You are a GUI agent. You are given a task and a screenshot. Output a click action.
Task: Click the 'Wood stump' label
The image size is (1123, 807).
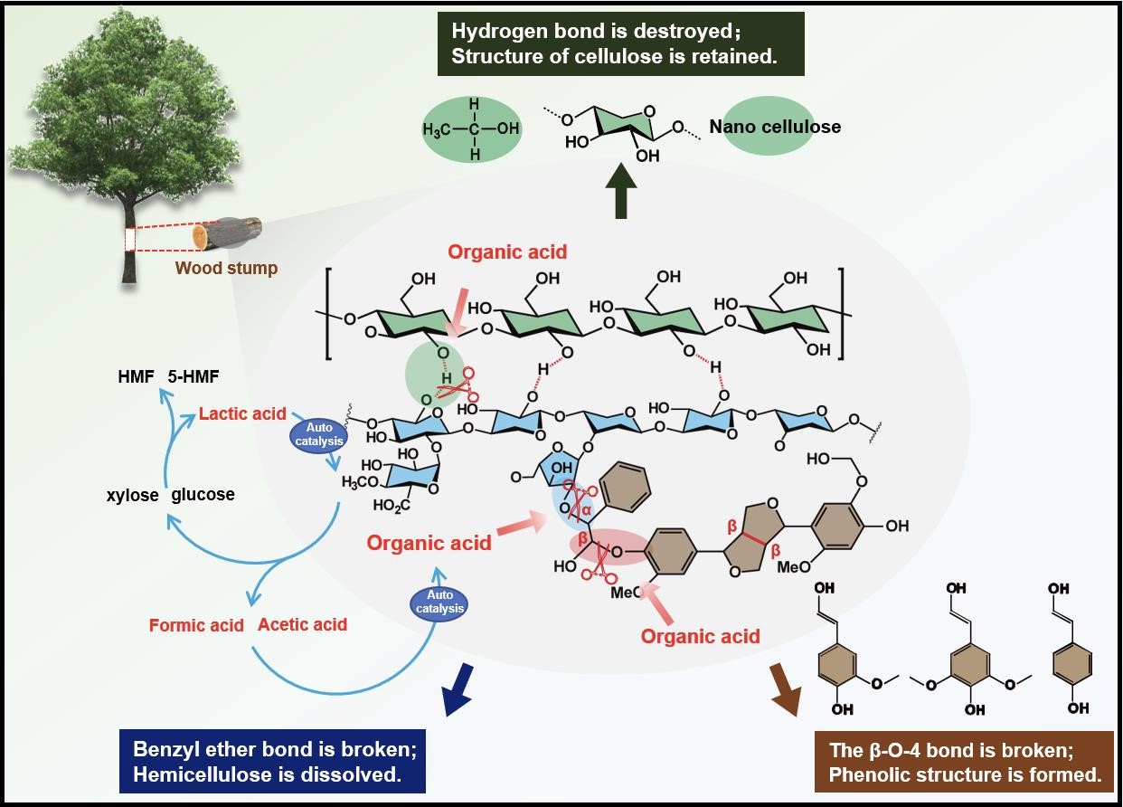pyautogui.click(x=226, y=268)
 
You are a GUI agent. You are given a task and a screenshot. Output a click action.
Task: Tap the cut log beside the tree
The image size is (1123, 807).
pyautogui.click(x=228, y=233)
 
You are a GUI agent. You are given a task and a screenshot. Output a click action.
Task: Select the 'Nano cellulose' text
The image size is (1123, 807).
pyautogui.click(x=775, y=127)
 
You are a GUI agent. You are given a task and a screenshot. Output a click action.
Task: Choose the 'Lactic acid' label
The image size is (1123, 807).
pyautogui.click(x=242, y=415)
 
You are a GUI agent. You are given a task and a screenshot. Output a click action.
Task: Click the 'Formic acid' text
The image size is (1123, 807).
pyautogui.click(x=196, y=625)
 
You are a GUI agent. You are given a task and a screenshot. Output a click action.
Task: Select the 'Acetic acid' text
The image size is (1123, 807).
pyautogui.click(x=302, y=624)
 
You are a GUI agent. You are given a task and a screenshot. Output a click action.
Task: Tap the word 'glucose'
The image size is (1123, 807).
pyautogui.click(x=203, y=495)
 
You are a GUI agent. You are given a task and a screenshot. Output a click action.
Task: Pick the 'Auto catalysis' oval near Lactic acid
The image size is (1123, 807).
pyautogui.click(x=318, y=434)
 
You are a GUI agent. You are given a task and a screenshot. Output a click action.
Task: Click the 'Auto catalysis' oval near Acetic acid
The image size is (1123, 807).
pyautogui.click(x=439, y=602)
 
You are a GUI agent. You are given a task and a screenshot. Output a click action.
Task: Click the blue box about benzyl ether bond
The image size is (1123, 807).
pyautogui.click(x=272, y=761)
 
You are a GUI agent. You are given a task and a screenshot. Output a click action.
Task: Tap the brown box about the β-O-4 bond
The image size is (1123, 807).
pyautogui.click(x=964, y=761)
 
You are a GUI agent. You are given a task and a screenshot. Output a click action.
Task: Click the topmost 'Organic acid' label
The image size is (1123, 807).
pyautogui.click(x=507, y=253)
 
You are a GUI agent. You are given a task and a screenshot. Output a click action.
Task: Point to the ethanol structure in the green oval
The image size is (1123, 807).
pyautogui.click(x=470, y=129)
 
